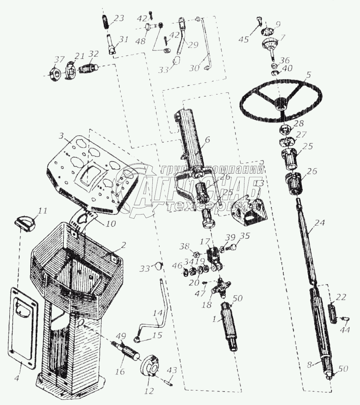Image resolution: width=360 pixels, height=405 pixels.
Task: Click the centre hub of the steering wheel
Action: pos(281,103)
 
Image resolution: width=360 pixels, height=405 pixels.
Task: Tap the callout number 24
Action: pos(319,223)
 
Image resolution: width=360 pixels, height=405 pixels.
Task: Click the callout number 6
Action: pos(208,141)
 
